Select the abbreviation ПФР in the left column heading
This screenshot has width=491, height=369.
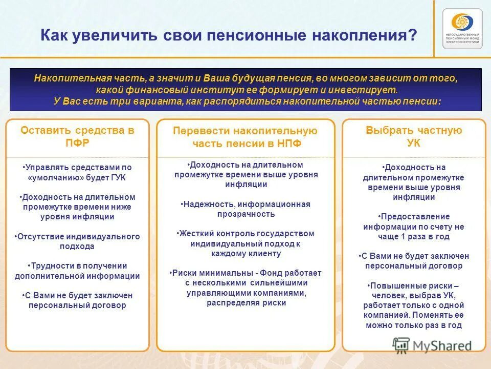[x=77, y=143]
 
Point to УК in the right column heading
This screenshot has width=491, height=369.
[x=413, y=143]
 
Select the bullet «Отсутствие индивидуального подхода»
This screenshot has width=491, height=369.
[x=77, y=241]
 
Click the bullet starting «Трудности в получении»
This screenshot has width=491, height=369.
[x=77, y=271]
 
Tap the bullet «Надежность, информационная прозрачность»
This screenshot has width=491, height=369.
[x=245, y=209]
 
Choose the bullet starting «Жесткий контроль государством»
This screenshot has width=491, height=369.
[x=245, y=243]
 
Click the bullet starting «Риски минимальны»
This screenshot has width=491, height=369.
[x=245, y=288]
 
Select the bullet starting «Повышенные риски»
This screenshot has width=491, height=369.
[x=413, y=305]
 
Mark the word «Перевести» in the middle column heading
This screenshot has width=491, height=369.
[x=195, y=131]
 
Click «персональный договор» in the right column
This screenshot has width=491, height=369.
[x=413, y=266]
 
